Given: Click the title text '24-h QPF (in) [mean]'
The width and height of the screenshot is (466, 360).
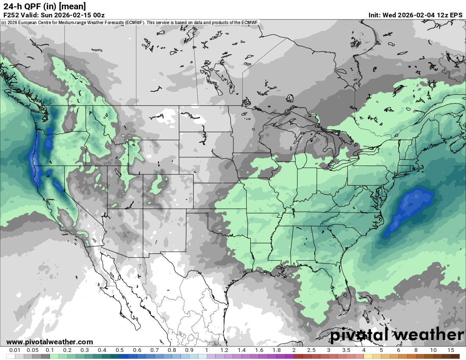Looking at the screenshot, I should pos(44,6).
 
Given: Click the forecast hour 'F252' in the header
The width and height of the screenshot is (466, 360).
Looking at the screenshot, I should pos(11,15).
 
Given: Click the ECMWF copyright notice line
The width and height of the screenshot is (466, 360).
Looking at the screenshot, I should pos(130,22).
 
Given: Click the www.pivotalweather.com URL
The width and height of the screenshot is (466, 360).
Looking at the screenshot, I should pos(50,342).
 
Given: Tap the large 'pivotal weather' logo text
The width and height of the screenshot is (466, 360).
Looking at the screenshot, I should pos(397,335).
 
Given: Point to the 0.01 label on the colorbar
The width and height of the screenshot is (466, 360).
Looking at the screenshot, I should pos(15,350).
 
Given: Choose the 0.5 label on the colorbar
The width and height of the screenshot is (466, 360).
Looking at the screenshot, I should pos(119,350).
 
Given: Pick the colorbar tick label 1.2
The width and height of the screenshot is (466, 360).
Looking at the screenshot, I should pos(224,350).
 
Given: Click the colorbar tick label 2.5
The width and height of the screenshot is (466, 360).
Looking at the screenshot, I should pos(311,350).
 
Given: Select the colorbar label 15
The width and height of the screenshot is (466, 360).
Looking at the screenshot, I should pos(450,350).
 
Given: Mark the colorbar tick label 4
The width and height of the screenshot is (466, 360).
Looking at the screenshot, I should pos(363,350).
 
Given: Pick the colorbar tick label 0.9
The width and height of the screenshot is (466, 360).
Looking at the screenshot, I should pos(189,350).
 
